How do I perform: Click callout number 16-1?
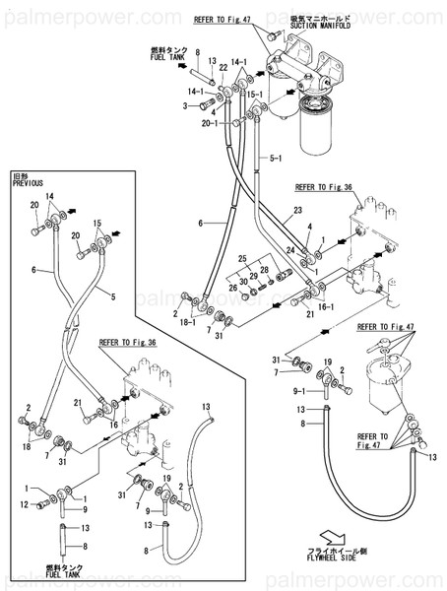pyautogui.click(x=326, y=307)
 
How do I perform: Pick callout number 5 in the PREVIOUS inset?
pyautogui.click(x=112, y=295)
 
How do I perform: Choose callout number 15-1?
pyautogui.click(x=254, y=95)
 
